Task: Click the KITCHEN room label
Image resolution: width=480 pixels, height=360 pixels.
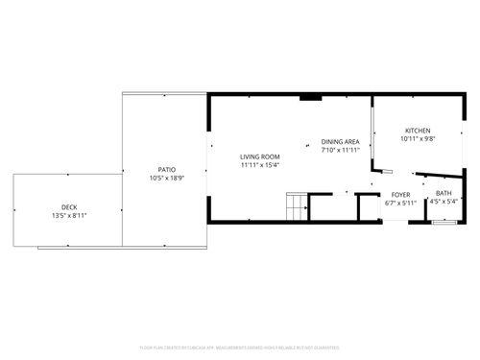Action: coord(417,131)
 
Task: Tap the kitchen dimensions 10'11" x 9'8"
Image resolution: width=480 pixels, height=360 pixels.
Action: coord(417,139)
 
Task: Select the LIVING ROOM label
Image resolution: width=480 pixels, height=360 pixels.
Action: coord(259,156)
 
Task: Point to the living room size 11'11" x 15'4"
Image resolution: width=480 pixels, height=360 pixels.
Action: coord(259,165)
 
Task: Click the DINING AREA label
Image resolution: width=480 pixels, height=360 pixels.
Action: coord(340,141)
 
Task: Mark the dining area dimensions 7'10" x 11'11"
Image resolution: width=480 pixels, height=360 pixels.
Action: coord(340,150)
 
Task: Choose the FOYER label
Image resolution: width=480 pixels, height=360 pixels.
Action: coord(400,195)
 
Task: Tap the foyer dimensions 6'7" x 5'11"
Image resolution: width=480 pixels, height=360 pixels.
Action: coord(400,203)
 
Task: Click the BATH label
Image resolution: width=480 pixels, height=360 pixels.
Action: coord(444,193)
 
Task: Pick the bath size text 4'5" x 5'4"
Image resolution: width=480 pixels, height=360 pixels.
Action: coord(444,202)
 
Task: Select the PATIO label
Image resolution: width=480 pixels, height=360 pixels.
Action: coord(166,169)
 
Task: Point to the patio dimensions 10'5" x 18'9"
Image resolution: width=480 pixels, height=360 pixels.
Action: coord(166,178)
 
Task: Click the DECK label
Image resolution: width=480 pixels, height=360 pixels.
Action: coord(69,206)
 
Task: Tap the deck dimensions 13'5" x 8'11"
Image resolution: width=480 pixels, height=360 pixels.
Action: coord(69,215)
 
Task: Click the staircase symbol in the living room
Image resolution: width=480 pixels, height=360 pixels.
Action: coord(296,205)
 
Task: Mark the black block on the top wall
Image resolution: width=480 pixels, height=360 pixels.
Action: coord(310,96)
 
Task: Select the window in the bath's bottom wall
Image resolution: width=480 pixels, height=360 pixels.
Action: coord(444,222)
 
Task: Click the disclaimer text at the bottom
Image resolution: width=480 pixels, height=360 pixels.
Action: coord(240,347)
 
